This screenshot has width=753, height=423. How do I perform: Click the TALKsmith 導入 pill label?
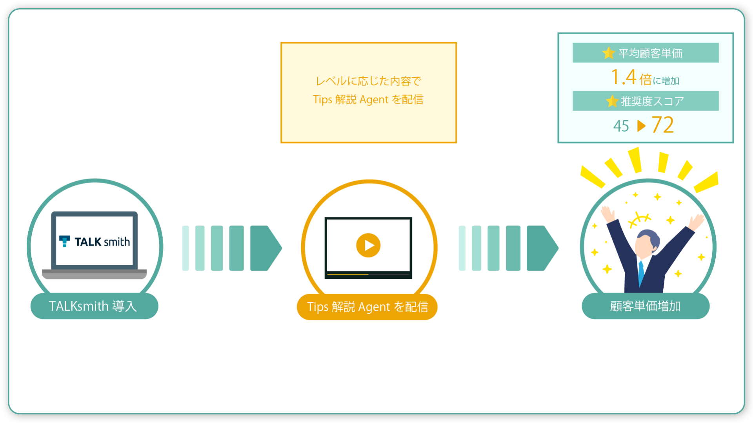94,306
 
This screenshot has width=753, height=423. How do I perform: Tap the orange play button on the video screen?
368,245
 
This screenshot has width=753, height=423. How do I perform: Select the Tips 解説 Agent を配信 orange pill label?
367,307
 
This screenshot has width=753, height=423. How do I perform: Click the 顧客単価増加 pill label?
646,306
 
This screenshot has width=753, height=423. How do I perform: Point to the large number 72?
662,125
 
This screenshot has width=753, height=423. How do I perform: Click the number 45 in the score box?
621,126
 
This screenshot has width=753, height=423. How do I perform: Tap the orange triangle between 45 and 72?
641,126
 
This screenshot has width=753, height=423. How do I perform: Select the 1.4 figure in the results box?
624,77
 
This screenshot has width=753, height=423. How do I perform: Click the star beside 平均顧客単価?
609,53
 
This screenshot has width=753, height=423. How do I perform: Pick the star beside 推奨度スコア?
612,101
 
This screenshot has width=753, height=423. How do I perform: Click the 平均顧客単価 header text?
650,53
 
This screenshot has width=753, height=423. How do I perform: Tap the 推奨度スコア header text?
652,101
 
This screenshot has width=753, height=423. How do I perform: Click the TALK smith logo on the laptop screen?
95,242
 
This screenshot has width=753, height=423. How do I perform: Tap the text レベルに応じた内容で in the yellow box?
368,81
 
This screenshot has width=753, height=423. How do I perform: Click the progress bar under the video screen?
368,275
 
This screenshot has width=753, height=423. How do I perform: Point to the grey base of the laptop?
94,274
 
